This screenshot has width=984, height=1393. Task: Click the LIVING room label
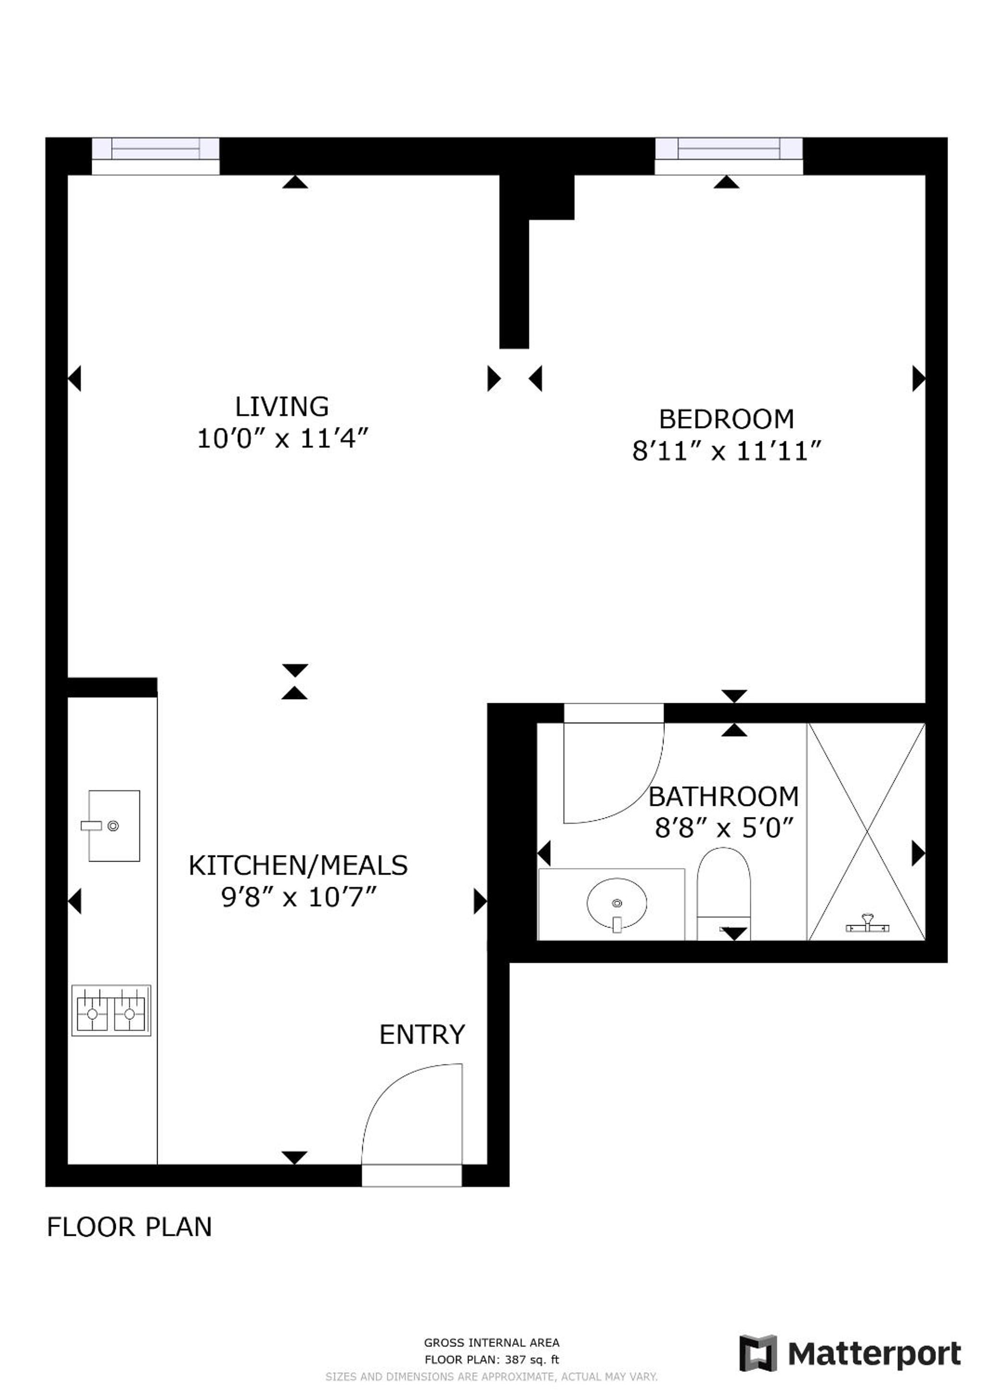point(282,406)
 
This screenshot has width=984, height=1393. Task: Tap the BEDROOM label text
point(726,419)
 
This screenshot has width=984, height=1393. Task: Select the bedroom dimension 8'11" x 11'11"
point(726,452)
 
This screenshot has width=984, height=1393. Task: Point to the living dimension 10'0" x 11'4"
point(283,438)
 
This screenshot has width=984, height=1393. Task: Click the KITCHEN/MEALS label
point(298,866)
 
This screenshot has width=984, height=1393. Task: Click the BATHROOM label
point(723,797)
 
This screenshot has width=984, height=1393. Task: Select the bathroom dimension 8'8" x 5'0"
point(724,828)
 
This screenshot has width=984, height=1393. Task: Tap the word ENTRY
point(422,1034)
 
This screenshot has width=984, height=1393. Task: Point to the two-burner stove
point(111,1011)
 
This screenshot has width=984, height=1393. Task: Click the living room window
point(155,156)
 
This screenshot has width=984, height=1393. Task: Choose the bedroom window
point(729,156)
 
